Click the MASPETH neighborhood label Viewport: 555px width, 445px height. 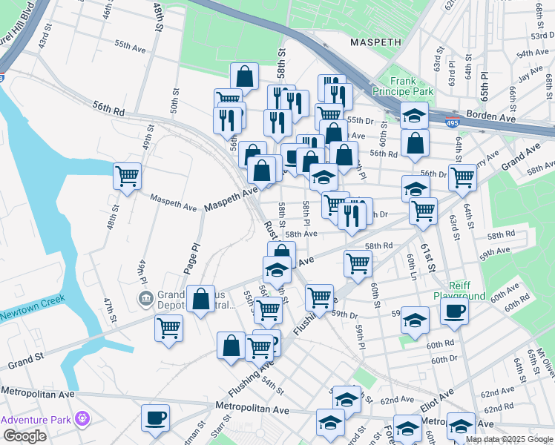tap(375, 42)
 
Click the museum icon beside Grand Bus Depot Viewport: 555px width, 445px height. tap(146, 298)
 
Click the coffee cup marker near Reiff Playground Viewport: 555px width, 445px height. tap(455, 311)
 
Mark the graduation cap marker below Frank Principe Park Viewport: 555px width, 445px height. tap(414, 114)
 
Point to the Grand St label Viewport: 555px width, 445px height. tap(26, 361)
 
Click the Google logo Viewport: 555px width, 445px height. tap(24, 436)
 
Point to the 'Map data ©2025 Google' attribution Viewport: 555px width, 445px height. tap(509, 439)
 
